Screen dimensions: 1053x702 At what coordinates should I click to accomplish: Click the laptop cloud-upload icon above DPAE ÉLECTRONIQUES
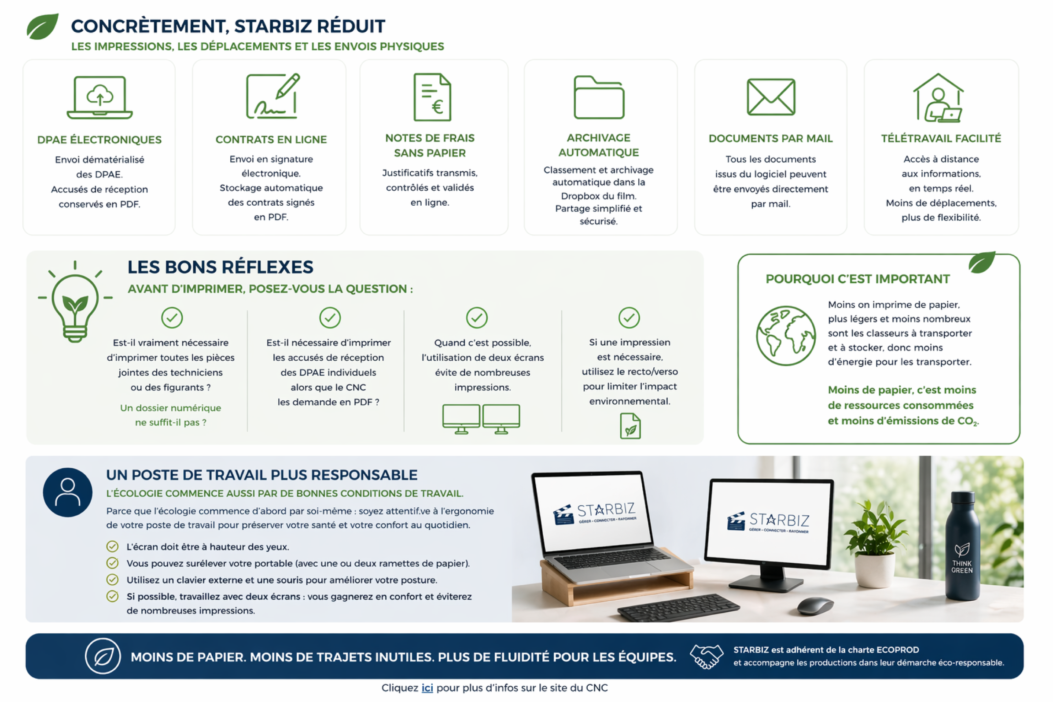(x=99, y=97)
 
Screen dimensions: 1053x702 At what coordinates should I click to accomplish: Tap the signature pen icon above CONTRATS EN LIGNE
(x=272, y=96)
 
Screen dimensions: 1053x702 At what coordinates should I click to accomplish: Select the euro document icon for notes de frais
(x=432, y=97)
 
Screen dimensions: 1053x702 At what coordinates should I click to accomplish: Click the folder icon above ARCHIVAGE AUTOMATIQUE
(x=598, y=97)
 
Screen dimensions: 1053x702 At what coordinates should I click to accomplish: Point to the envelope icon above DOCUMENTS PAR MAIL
(x=770, y=97)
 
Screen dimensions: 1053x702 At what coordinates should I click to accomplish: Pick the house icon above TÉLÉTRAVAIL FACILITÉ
(x=938, y=98)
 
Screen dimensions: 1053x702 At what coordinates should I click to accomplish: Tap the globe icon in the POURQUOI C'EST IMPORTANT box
(x=785, y=335)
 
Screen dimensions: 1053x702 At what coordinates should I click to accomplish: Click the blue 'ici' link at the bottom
(x=427, y=687)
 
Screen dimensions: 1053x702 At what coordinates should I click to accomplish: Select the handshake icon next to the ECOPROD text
(x=706, y=656)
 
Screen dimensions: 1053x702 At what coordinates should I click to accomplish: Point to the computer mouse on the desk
(x=815, y=606)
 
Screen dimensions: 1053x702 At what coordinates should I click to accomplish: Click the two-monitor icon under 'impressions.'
(x=481, y=419)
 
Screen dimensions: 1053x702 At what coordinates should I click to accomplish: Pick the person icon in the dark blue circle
(x=68, y=492)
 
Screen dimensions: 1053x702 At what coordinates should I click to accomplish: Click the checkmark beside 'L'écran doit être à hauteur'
(x=112, y=546)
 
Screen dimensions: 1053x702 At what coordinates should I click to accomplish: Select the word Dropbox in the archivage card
(x=580, y=196)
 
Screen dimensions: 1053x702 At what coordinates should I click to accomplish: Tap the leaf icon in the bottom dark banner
(x=103, y=656)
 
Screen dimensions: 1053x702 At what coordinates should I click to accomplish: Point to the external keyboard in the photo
(x=678, y=607)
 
